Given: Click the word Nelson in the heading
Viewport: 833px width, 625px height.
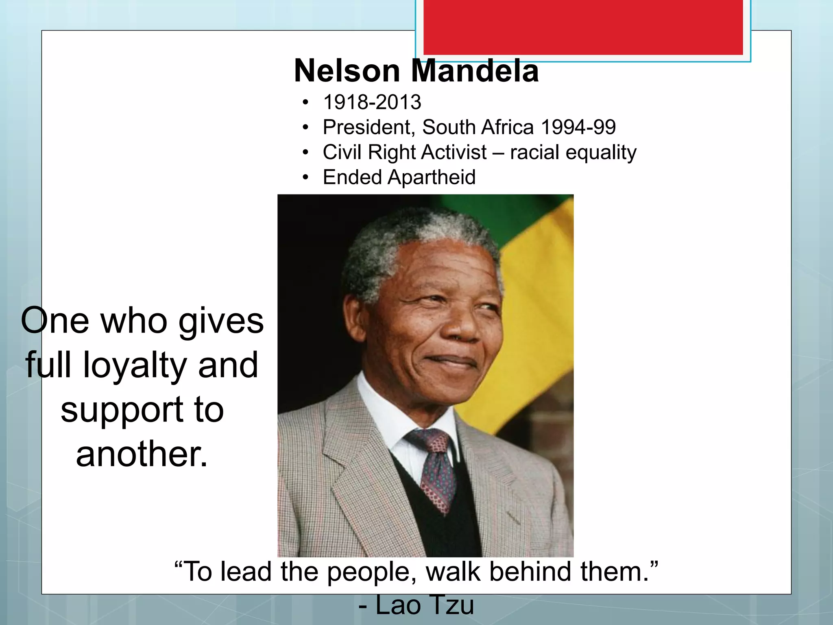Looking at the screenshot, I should click(x=347, y=71).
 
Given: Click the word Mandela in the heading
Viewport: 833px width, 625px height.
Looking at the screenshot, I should click(x=475, y=71).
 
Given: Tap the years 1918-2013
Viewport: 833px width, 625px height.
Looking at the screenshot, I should click(x=372, y=102).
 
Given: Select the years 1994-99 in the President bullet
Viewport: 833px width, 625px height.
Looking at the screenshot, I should click(x=578, y=127).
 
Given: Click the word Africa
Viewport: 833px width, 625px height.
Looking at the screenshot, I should click(x=507, y=127).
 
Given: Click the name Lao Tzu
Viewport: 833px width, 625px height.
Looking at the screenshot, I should click(x=424, y=605).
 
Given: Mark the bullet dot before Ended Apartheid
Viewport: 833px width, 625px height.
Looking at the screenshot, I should click(x=305, y=177).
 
